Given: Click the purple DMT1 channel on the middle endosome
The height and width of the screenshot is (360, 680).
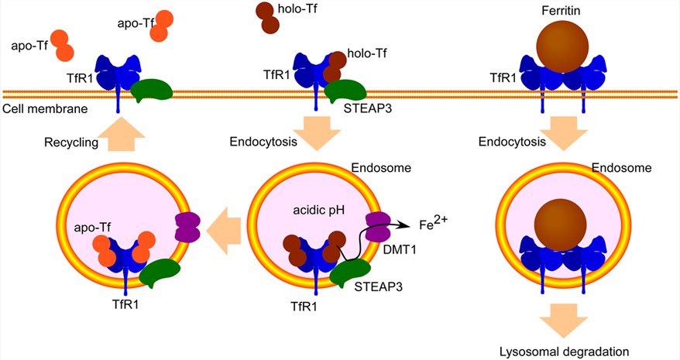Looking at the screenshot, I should tap(380, 229).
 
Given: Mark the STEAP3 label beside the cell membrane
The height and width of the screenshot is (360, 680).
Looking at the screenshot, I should tap(366, 109).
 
